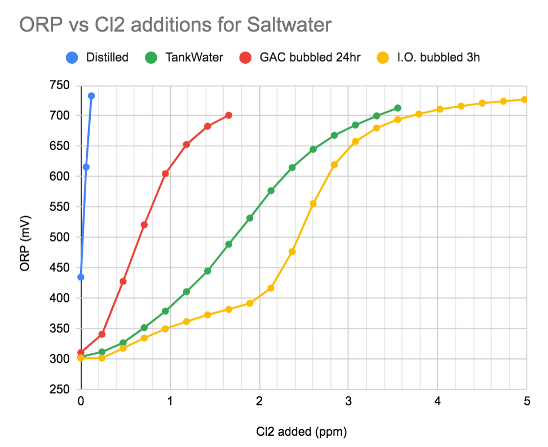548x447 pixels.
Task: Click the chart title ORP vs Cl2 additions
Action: point(175,24)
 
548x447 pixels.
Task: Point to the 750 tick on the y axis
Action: point(60,85)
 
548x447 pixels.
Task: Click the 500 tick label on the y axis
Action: point(60,237)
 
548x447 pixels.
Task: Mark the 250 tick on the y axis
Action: point(60,389)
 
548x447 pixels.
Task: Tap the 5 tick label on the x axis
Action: point(527,402)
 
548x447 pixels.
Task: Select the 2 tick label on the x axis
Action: point(259,402)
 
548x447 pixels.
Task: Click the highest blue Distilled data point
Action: point(91,96)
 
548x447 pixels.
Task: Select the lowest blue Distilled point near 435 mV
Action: point(81,277)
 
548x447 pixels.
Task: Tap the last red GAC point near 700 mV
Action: point(228,115)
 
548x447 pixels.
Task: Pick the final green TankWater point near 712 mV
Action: point(397,108)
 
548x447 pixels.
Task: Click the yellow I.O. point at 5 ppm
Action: point(524,99)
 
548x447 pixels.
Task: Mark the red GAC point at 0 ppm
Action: point(81,352)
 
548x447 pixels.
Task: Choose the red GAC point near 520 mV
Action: point(144,225)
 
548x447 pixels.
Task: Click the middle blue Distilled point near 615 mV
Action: point(86,167)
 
